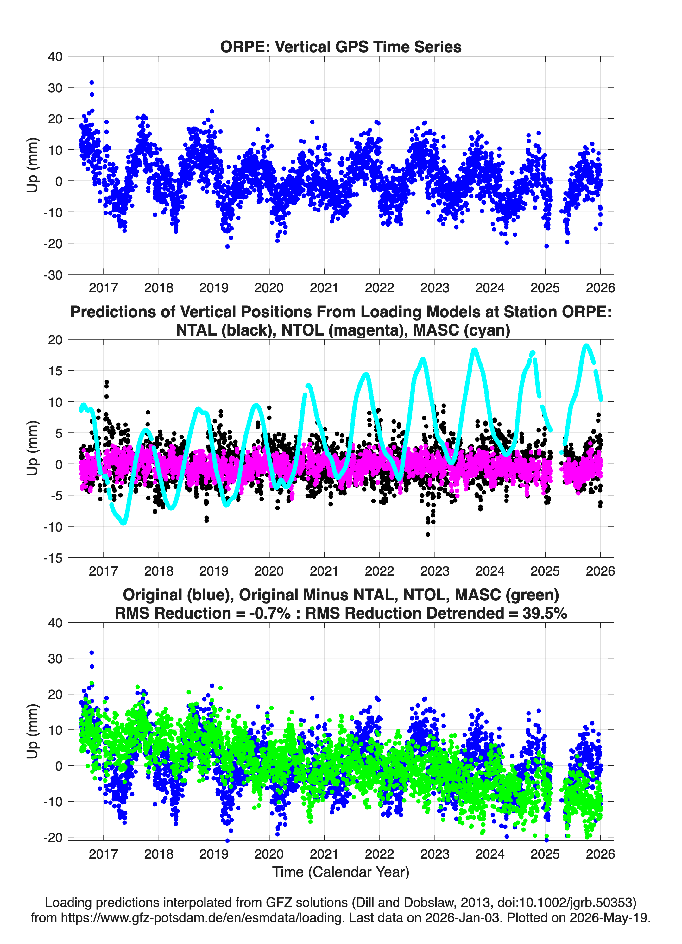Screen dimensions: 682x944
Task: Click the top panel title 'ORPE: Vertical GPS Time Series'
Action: click(341, 47)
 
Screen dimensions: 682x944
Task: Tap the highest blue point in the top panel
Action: click(92, 82)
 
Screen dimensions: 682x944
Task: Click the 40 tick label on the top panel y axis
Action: click(55, 57)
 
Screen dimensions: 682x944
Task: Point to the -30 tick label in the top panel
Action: click(53, 275)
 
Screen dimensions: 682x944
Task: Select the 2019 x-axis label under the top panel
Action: click(214, 288)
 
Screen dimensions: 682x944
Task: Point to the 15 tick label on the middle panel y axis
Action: click(55, 370)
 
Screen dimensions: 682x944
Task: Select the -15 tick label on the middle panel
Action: click(53, 558)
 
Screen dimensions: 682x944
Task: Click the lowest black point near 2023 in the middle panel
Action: click(428, 534)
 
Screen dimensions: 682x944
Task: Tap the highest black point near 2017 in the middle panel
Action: click(107, 382)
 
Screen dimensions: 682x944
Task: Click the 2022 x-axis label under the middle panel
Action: click(379, 571)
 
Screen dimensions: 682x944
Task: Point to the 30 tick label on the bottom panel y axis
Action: click(55, 658)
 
